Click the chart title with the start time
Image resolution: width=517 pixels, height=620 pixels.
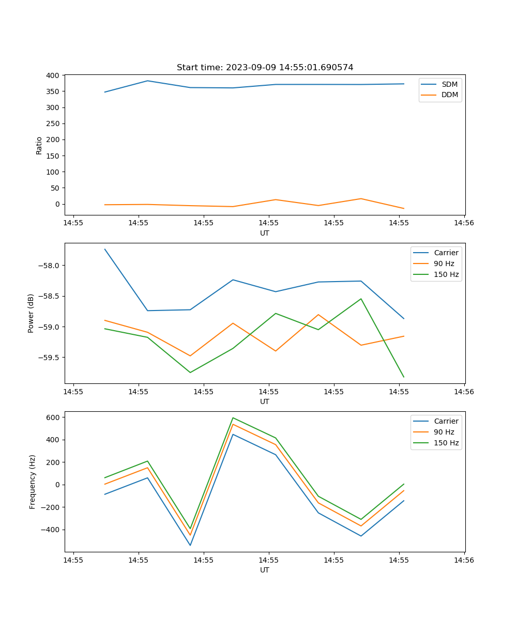265,68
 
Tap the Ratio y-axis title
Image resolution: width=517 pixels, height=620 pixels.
39,145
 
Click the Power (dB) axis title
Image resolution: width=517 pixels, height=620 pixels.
31,313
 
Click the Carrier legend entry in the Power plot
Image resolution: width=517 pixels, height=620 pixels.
446,253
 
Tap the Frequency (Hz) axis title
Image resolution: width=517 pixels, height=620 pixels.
33,482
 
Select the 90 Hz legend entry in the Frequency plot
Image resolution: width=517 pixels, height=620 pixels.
444,432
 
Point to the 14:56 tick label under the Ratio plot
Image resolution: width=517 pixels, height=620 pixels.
464,223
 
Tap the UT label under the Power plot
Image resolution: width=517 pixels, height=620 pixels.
265,401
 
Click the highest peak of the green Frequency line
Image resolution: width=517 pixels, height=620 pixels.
233,417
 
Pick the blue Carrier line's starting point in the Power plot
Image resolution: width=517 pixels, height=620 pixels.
105,249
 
